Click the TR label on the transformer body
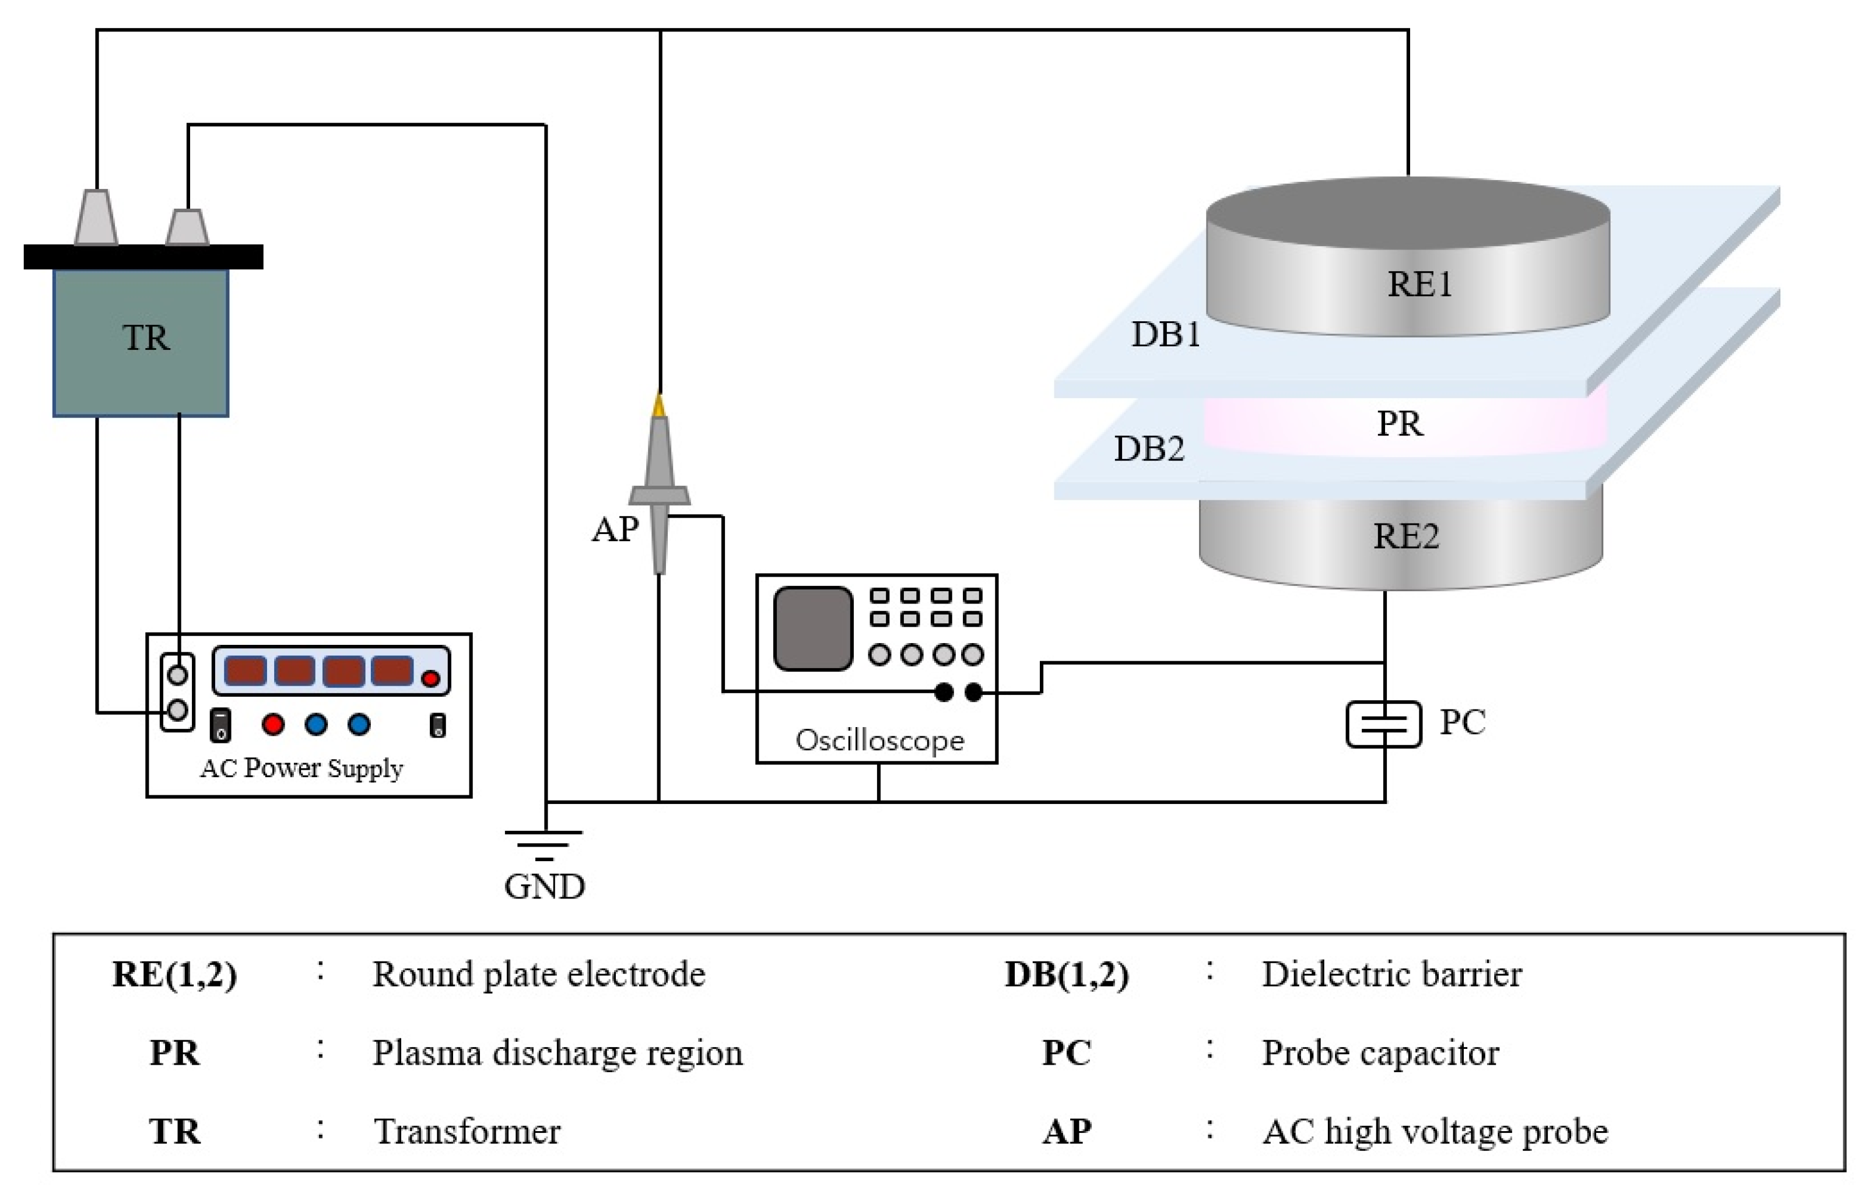146,338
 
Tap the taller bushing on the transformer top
96,217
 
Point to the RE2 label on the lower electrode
1405,536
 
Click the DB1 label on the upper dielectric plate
1166,335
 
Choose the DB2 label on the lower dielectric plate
1149,449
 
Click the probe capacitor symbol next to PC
1383,724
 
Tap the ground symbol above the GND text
544,844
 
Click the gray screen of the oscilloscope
812,628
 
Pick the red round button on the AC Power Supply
272,724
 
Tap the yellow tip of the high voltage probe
659,405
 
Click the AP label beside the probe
614,529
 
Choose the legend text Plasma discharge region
557,1053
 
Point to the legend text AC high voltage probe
1435,1132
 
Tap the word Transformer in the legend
467,1132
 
